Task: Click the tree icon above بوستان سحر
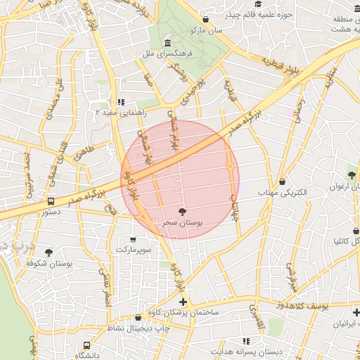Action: click(x=183, y=211)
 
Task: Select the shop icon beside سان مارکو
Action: click(x=205, y=20)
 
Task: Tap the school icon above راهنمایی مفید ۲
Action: click(x=121, y=101)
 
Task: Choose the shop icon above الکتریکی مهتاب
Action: click(x=282, y=181)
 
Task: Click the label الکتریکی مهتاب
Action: click(x=283, y=192)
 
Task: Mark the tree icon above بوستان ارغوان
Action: click(x=352, y=175)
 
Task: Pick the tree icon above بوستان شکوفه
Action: click(x=49, y=252)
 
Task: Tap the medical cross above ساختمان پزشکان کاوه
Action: click(x=183, y=301)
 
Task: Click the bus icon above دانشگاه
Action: click(x=86, y=346)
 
